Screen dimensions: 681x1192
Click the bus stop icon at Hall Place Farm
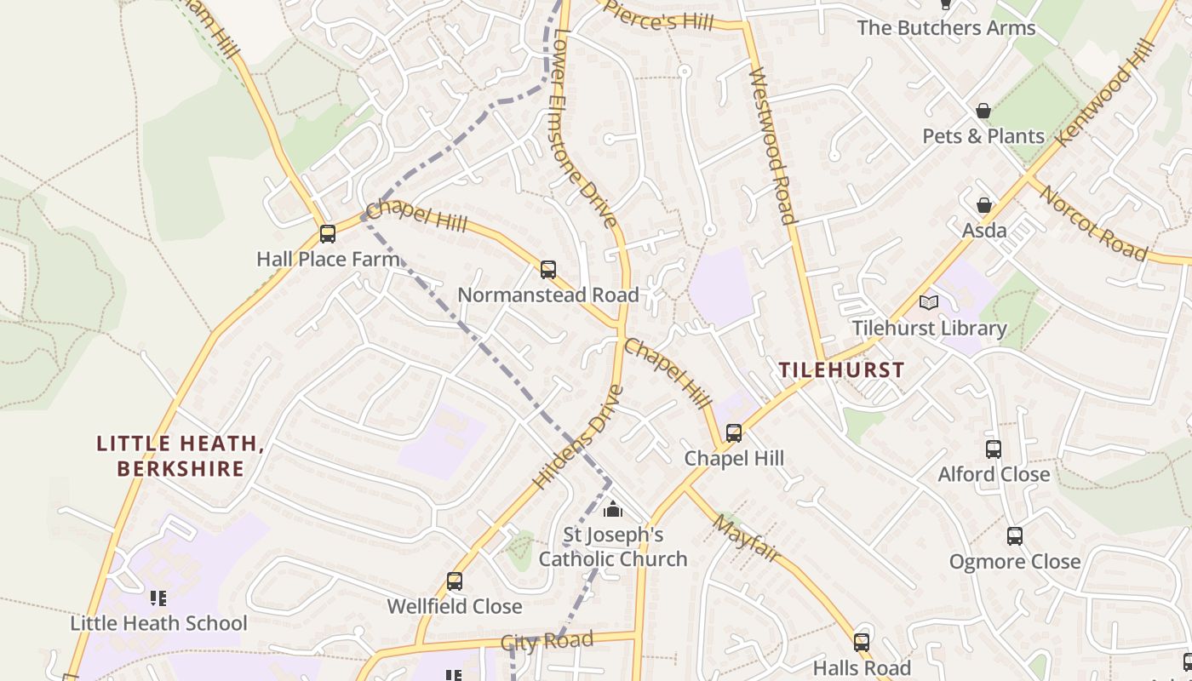pyautogui.click(x=327, y=234)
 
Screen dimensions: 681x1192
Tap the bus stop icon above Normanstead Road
pyautogui.click(x=548, y=270)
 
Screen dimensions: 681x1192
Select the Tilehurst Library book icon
pyautogui.click(x=929, y=303)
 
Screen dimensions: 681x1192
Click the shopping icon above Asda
pyautogui.click(x=984, y=205)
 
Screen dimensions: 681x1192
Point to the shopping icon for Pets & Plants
pyautogui.click(x=983, y=111)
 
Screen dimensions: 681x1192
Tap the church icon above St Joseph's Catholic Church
pyautogui.click(x=612, y=510)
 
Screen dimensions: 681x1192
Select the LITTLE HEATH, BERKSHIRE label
pyautogui.click(x=181, y=456)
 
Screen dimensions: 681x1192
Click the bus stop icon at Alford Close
pyautogui.click(x=993, y=449)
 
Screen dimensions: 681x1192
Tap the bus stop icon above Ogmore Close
pyautogui.click(x=1014, y=536)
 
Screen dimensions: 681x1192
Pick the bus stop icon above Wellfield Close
pyautogui.click(x=455, y=581)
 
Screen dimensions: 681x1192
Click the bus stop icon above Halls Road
pyautogui.click(x=862, y=643)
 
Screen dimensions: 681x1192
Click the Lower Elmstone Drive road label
pyautogui.click(x=585, y=128)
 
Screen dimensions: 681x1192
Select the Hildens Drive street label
pyautogui.click(x=578, y=438)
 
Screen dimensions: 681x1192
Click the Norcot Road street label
pyautogui.click(x=1092, y=222)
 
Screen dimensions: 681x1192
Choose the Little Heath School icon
pyautogui.click(x=158, y=598)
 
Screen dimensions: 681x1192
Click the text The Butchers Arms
pyautogui.click(x=946, y=28)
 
